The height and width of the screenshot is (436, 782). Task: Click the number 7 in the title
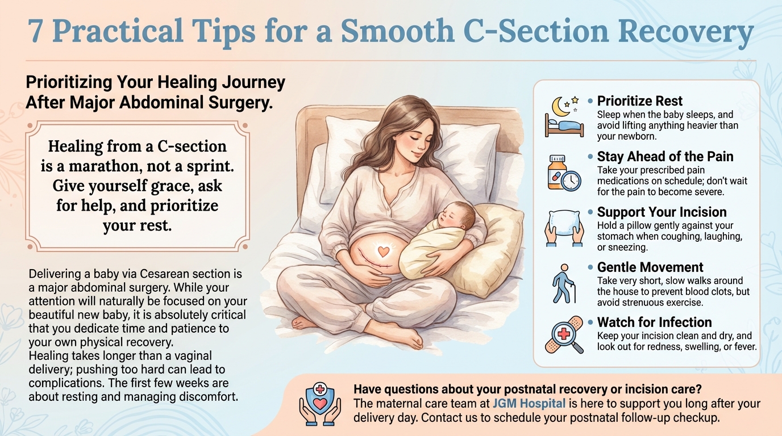click(36, 31)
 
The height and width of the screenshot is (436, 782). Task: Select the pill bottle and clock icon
click(564, 173)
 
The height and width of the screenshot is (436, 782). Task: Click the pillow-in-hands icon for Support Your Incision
click(564, 228)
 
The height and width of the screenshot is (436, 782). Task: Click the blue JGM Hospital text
click(529, 404)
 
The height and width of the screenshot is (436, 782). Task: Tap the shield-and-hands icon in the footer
click(320, 404)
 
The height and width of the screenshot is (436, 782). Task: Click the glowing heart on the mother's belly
click(383, 251)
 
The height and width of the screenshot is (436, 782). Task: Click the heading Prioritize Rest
click(639, 101)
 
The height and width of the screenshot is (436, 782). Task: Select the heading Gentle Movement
click(650, 267)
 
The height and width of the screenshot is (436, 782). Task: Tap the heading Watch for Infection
click(654, 322)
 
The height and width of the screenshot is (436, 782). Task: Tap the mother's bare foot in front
click(409, 337)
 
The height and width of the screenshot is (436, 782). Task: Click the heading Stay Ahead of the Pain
click(665, 156)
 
